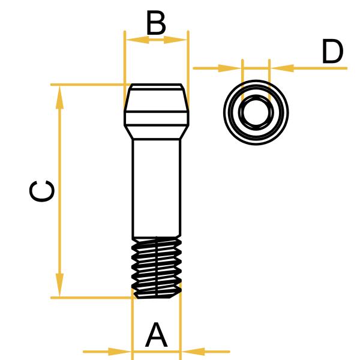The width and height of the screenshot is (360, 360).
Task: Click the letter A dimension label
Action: pos(156,335)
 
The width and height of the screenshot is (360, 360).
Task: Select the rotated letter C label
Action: pos(43,191)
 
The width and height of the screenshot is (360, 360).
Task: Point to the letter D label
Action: pos(332,52)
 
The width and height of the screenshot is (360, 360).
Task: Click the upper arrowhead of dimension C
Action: pos(59,96)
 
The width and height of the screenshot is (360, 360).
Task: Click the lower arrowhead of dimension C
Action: pos(59,285)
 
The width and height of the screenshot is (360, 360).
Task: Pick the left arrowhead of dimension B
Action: pos(136,40)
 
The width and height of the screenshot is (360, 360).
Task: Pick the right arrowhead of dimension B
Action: pos(176,40)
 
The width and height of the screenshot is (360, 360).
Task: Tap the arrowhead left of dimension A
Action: pos(120,351)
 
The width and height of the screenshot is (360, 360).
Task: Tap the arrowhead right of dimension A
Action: pos(192,351)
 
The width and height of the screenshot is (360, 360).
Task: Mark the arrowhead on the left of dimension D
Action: pos(230,68)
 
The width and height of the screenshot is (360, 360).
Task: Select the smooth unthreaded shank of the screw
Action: pos(156,186)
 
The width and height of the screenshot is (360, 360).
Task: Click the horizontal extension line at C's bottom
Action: pos(90,297)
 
